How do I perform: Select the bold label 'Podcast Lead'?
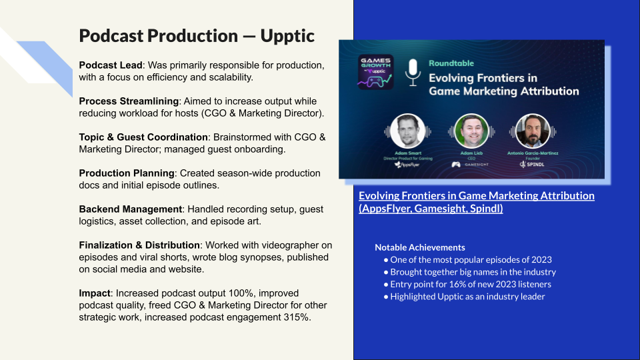(109, 65)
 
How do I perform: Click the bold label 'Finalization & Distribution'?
(139, 245)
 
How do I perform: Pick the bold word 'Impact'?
(95, 293)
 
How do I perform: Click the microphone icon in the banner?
(413, 71)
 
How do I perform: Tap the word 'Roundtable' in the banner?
(451, 63)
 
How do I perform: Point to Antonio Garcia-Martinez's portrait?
(532, 131)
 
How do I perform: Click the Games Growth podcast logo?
(375, 71)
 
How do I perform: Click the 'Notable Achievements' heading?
(419, 247)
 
